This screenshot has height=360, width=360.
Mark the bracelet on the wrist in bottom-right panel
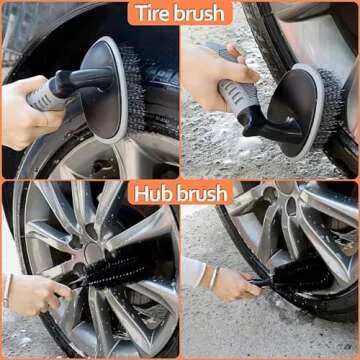(x=211, y=275)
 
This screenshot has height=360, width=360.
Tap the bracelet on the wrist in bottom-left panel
(x=9, y=291)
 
